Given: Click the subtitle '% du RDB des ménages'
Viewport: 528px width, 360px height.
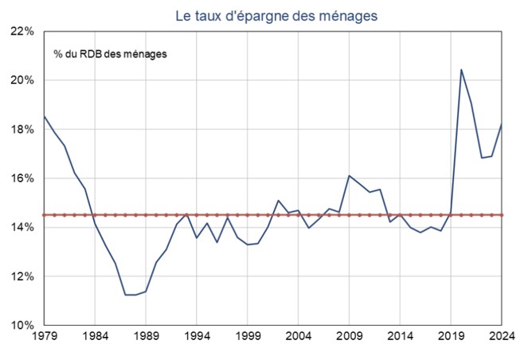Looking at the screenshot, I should click(111, 53).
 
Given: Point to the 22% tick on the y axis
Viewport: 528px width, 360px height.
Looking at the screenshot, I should click(22, 32).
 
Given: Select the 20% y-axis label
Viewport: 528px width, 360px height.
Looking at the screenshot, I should click(22, 80).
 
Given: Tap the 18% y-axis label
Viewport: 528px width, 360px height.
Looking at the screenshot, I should click(22, 130).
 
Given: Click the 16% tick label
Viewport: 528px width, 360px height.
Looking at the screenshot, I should click(22, 178).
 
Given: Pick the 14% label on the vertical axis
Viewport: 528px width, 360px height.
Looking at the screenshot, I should click(22, 228).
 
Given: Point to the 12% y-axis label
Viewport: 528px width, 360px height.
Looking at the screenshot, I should click(22, 276).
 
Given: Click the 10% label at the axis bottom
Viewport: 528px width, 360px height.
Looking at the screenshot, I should click(22, 326).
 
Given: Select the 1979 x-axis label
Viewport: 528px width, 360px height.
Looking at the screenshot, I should click(45, 338).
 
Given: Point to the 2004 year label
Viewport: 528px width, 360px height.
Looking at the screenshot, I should click(299, 338).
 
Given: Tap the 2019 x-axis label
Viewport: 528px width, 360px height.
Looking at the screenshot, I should click(452, 338).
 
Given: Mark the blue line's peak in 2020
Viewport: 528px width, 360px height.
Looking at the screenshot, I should click(461, 69).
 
